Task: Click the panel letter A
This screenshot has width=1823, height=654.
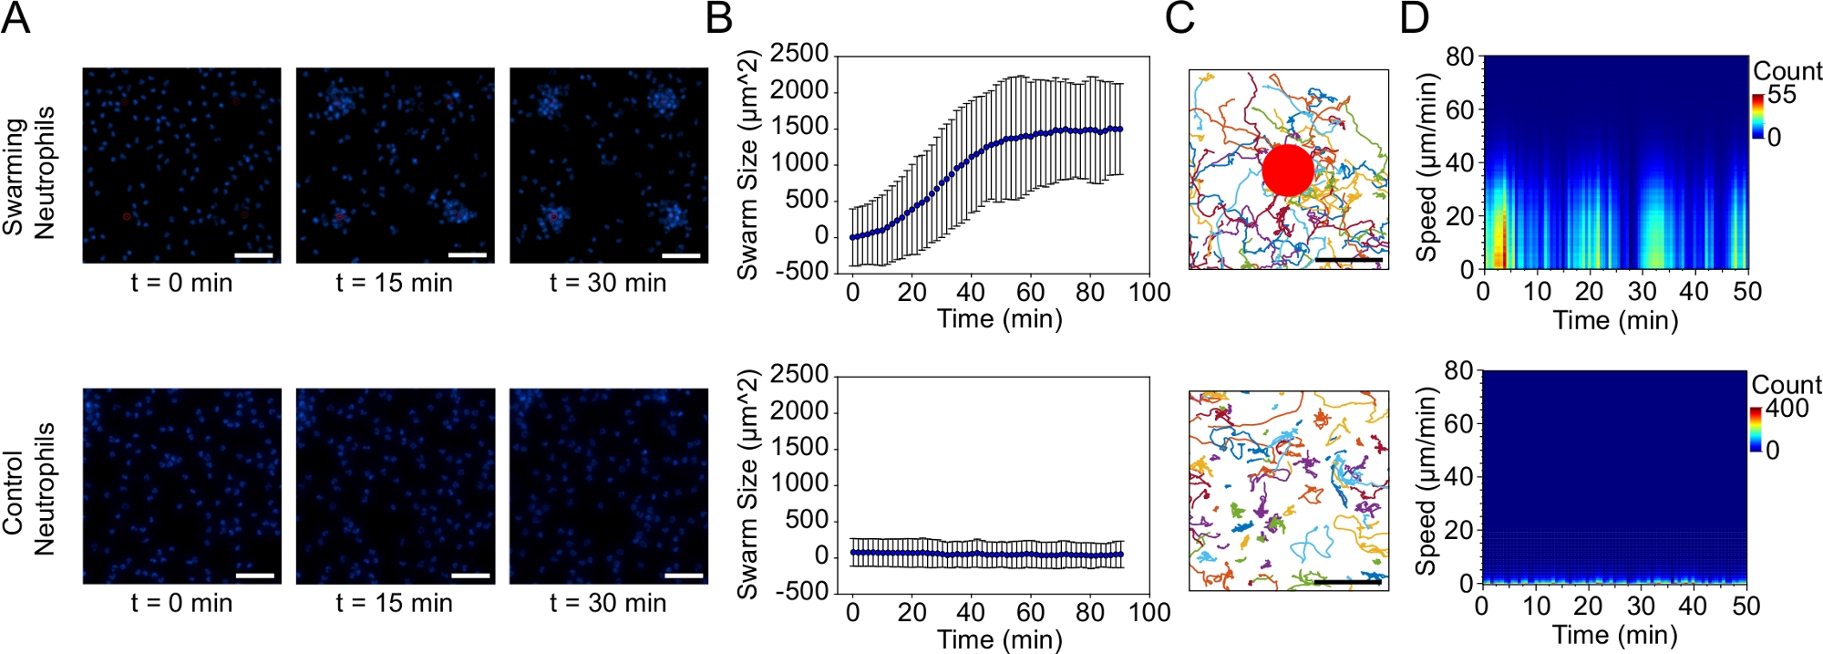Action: click(15, 17)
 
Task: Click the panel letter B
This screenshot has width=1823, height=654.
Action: click(719, 17)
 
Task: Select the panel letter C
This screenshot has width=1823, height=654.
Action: click(1179, 17)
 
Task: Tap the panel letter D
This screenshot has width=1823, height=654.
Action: click(1414, 17)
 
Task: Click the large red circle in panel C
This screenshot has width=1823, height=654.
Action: click(1288, 170)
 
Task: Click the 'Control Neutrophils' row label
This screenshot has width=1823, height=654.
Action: click(29, 490)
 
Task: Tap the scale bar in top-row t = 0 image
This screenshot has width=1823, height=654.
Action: click(254, 255)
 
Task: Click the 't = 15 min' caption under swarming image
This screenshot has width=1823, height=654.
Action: click(394, 283)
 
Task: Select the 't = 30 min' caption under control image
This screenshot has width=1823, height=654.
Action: click(608, 603)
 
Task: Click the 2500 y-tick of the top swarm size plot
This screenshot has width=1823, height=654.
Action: click(799, 54)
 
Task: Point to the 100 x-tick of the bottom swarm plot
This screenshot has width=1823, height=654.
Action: click(1148, 612)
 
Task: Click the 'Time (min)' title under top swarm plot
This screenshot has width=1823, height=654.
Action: click(1000, 319)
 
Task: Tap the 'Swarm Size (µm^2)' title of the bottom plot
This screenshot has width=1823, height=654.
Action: click(747, 484)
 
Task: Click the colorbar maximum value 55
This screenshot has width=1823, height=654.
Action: click(1782, 95)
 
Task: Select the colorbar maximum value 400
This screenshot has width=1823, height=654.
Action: click(1787, 408)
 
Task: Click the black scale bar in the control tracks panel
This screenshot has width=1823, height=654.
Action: click(1347, 581)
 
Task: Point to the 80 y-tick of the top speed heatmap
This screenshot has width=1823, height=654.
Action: click(1459, 57)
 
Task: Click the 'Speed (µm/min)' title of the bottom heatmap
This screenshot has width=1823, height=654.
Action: click(1426, 482)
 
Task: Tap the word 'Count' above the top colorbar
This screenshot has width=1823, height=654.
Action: click(1787, 71)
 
